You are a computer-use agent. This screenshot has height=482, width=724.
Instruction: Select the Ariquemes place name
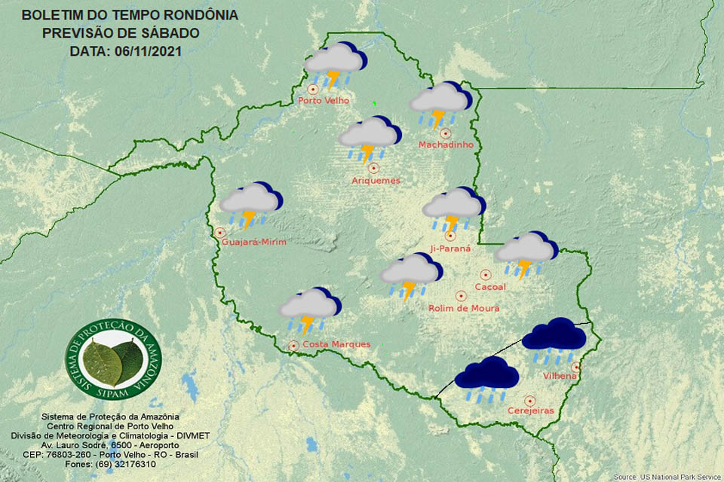click(376, 180)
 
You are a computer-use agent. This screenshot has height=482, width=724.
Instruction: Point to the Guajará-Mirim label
click(255, 241)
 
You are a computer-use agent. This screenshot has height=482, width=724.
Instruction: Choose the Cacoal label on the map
click(490, 287)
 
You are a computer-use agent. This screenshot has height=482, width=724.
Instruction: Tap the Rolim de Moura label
click(463, 308)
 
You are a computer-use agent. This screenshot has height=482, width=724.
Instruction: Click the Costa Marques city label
click(336, 344)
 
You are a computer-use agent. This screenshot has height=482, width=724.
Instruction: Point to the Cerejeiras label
click(530, 410)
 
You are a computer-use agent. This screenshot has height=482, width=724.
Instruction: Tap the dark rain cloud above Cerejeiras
click(486, 379)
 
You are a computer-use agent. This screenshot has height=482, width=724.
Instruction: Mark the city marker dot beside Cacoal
click(486, 275)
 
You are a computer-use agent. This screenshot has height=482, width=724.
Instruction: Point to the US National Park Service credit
click(667, 477)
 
